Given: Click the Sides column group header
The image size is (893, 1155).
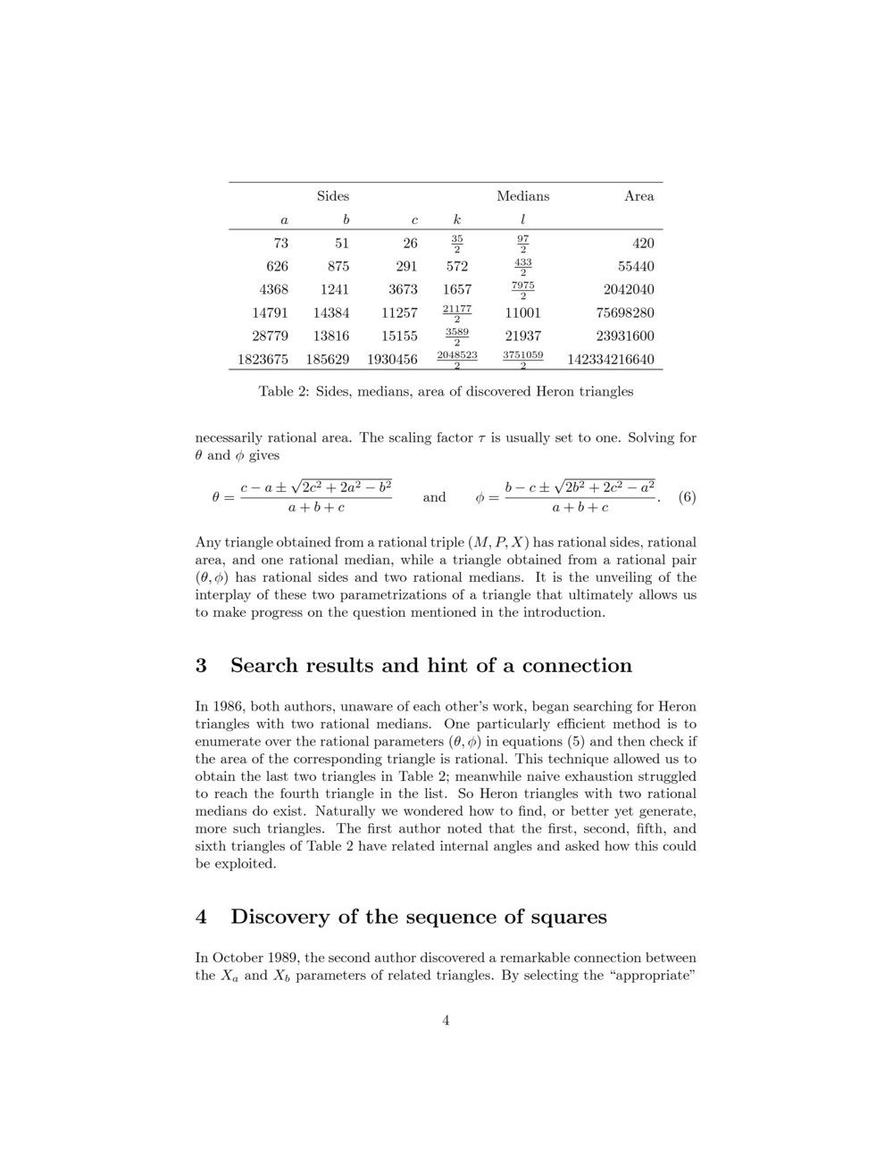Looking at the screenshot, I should (333, 196).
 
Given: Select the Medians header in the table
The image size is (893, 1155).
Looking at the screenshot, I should (522, 196).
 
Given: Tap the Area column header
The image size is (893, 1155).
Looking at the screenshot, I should (638, 196).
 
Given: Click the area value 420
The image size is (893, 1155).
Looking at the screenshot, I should (643, 244).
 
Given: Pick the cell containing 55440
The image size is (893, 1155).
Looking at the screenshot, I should (637, 267).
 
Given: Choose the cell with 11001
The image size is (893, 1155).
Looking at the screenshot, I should (522, 313).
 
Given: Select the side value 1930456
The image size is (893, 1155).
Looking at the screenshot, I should (392, 361).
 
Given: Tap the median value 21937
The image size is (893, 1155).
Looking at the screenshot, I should (522, 337).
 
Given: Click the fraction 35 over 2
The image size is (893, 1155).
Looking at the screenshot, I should (457, 244).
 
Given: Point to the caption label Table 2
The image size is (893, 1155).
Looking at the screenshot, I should (282, 392).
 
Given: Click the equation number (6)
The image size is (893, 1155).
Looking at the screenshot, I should (687, 497).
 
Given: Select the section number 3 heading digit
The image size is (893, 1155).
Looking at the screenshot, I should (201, 666).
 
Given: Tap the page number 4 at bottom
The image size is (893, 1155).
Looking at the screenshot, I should (446, 1021).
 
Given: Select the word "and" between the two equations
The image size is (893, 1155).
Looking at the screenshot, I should (434, 497).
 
